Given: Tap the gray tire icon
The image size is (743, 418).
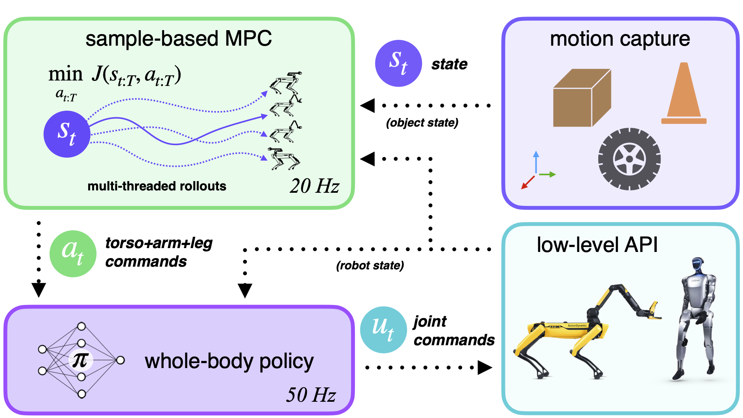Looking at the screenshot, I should [629, 159].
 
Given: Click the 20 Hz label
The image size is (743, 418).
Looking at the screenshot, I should [314, 186].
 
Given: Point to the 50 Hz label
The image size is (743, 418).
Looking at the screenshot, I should [311, 395].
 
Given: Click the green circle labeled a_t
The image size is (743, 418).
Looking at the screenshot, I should [73, 254].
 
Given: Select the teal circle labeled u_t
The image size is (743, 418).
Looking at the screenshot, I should [383, 330].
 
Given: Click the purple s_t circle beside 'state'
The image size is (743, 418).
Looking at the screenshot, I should [398, 63].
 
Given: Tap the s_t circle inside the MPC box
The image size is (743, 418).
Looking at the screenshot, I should [67, 134].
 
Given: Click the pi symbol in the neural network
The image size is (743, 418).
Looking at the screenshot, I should [80, 360].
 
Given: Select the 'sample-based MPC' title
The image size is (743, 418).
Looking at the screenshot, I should [178, 39].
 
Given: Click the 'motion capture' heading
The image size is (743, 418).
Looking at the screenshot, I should [620, 39].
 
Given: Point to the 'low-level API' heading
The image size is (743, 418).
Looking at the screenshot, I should [597, 245].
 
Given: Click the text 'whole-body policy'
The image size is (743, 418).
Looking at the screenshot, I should [229, 361].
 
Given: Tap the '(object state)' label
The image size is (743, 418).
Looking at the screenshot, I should [422, 123].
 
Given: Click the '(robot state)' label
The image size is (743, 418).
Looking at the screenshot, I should [370, 266].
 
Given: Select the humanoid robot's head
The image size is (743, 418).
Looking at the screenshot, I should [698, 265].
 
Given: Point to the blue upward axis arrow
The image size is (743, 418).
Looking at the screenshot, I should [536, 161].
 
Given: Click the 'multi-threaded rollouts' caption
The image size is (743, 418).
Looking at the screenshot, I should [157, 186].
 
